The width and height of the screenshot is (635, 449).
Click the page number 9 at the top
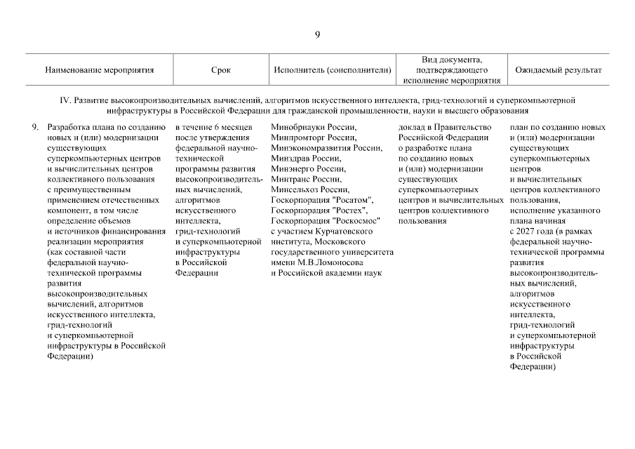(317, 36)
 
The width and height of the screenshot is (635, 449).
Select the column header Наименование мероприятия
(99, 71)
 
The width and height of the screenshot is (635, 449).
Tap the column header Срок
(220, 71)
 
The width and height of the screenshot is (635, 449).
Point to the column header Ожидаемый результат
(558, 71)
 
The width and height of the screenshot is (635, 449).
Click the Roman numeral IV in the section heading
(66, 101)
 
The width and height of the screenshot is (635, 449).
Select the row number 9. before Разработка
(35, 128)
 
